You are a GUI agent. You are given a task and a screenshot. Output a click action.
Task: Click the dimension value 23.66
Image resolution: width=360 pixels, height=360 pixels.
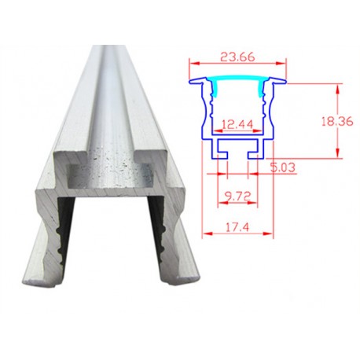pos(237,57)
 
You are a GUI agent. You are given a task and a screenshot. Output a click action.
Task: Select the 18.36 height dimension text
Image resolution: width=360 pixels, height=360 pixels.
pos(337,121)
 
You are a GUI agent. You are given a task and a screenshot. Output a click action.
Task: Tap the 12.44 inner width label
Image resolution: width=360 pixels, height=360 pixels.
pos(237,124)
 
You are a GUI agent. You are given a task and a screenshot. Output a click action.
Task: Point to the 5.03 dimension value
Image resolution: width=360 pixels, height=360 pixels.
pos(283,167)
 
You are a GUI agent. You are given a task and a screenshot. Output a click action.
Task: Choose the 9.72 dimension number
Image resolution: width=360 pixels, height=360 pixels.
pos(237,196)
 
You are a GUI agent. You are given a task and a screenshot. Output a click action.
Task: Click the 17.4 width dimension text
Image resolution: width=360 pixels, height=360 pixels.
pos(237,227)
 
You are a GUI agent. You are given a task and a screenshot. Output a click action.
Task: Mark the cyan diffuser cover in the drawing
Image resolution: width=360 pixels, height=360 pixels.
pos(237,85)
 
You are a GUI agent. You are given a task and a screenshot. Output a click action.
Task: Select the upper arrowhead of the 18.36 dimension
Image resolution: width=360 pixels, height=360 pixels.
pos(338,89)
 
